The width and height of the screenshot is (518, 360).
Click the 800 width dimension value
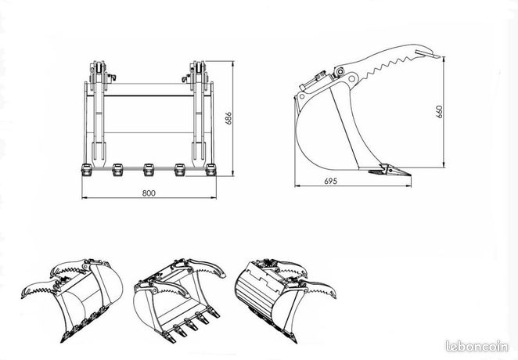(x=149, y=193)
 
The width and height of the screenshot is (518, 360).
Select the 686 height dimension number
(x=228, y=118)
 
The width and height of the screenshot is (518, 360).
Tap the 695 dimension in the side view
(x=331, y=181)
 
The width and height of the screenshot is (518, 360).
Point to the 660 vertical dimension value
(x=439, y=112)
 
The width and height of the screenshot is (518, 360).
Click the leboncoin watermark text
(x=477, y=346)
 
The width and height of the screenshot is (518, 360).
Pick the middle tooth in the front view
(x=149, y=169)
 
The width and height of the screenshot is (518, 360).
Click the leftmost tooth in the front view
(x=86, y=169)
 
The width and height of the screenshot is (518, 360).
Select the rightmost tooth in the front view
(x=210, y=169)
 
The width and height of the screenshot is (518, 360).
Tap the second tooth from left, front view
(x=117, y=169)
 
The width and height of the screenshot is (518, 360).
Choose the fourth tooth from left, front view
(x=180, y=169)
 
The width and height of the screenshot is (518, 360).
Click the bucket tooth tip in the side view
(x=410, y=175)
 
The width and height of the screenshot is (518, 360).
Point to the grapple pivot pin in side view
(x=340, y=71)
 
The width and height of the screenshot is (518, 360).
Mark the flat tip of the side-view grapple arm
(x=428, y=54)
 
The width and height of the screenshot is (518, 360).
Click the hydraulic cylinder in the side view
(x=315, y=81)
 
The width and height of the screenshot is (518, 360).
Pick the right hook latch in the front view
(x=185, y=78)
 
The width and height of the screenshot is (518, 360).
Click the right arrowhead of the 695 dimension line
(x=409, y=186)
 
